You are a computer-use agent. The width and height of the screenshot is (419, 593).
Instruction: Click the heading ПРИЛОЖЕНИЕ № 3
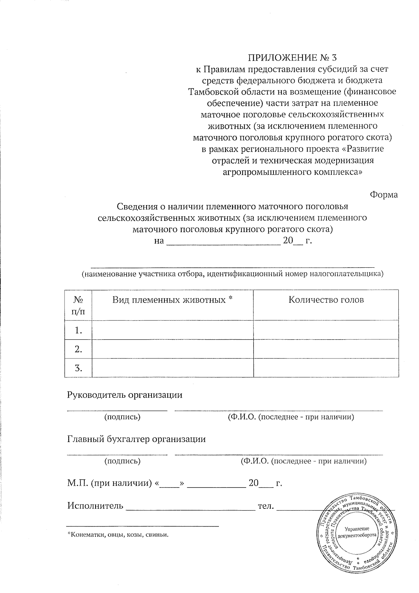click(293, 57)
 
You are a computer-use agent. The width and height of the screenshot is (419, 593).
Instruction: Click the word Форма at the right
click(384, 195)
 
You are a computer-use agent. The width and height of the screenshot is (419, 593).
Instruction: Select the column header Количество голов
click(326, 300)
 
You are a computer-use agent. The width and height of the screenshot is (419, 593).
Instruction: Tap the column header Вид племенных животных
click(172, 300)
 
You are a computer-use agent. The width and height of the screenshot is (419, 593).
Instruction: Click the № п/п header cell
click(78, 305)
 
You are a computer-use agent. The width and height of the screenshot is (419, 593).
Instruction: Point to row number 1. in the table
click(78, 330)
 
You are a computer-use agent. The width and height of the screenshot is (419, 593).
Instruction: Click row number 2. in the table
click(78, 349)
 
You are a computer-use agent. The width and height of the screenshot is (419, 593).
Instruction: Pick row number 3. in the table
click(78, 368)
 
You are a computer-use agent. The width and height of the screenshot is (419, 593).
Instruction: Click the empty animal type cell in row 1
click(172, 330)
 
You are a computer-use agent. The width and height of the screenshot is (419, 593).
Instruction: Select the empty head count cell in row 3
click(326, 368)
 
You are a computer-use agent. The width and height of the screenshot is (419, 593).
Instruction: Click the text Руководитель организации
click(125, 395)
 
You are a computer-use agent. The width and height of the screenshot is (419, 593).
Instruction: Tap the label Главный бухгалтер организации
click(136, 439)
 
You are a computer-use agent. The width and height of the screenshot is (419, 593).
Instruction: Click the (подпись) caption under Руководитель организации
click(123, 417)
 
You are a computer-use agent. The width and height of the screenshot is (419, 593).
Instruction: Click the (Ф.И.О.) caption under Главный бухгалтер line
click(303, 461)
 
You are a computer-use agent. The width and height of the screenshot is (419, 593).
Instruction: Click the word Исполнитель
click(95, 506)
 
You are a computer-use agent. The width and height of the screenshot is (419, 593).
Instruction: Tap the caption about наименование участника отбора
click(232, 274)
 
